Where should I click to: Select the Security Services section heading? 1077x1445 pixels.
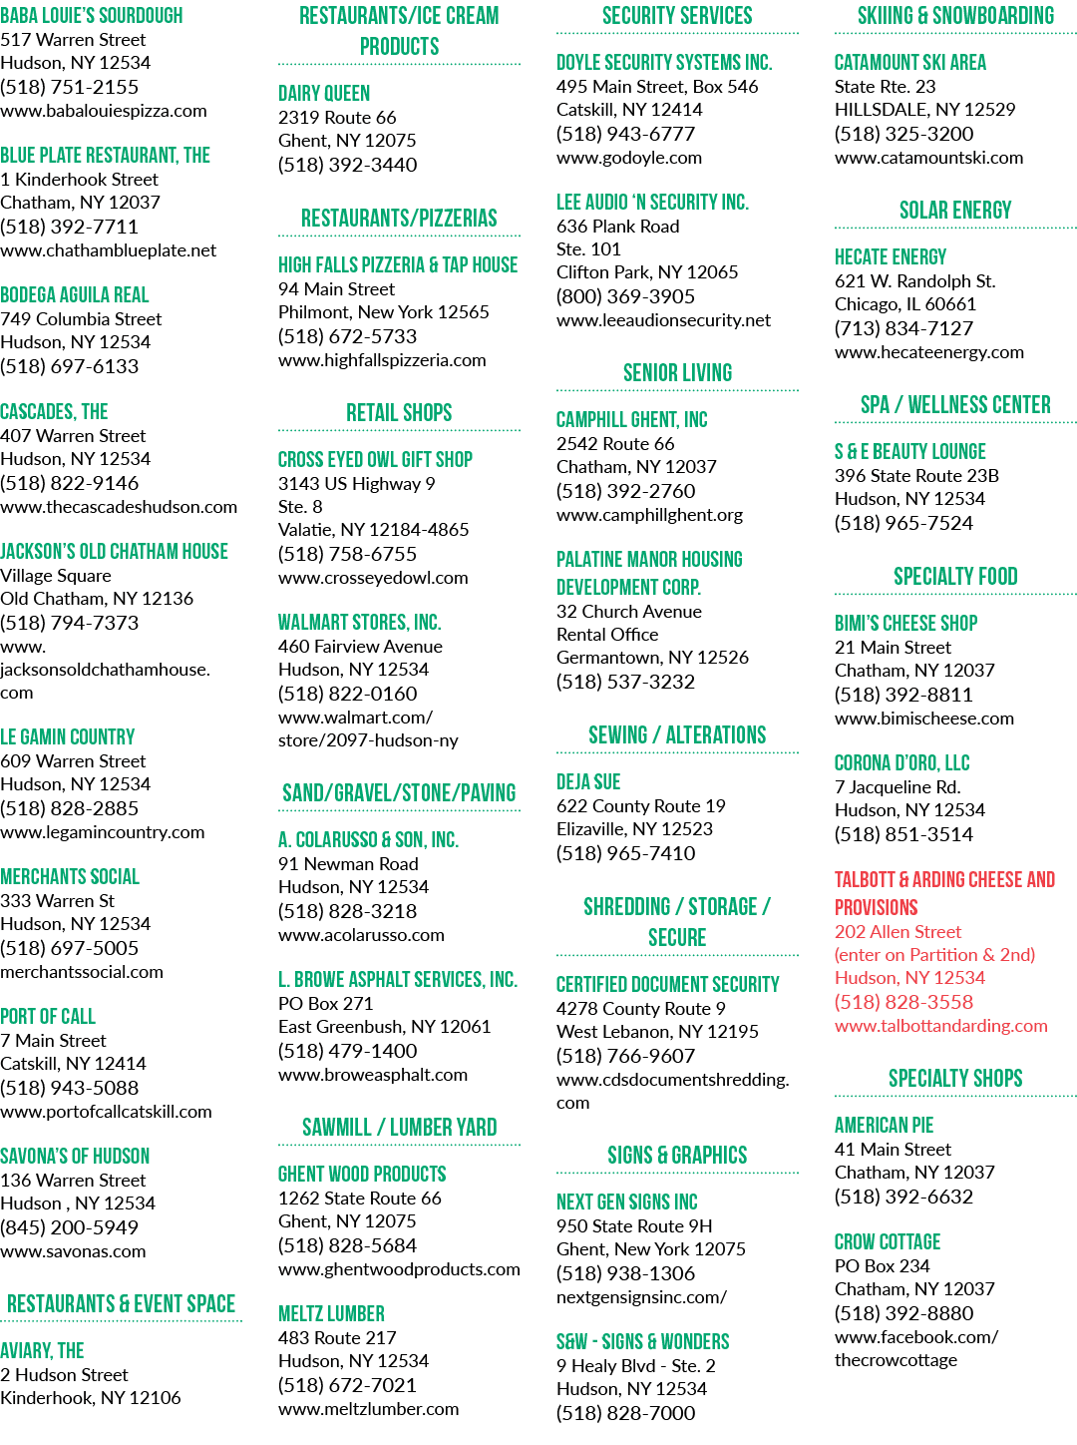coord(677,16)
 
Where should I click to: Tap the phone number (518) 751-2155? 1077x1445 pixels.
coord(70,87)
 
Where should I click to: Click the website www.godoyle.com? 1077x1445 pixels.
coord(629,158)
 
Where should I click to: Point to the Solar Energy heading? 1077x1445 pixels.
coord(955,210)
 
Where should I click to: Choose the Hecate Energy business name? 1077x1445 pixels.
coord(891,256)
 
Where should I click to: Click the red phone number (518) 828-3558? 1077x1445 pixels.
coord(903,1002)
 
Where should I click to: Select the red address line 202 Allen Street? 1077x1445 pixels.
coord(898,931)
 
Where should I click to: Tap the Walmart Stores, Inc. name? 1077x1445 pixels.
coord(359,622)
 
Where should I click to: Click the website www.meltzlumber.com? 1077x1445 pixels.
coord(368,1409)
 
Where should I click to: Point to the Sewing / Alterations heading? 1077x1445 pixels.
coord(677,734)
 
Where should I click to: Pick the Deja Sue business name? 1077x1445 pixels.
coord(588,782)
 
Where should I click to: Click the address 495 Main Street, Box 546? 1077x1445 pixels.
coord(657,86)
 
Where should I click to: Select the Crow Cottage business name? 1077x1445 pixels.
coord(888,1241)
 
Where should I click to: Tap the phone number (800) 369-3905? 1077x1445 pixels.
coord(625,296)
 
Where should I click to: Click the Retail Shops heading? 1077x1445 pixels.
coord(399,413)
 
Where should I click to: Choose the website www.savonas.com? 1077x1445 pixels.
coord(73,1251)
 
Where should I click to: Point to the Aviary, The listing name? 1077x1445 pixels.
coord(42,1351)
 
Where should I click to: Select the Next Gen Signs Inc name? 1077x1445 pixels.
coord(627,1203)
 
